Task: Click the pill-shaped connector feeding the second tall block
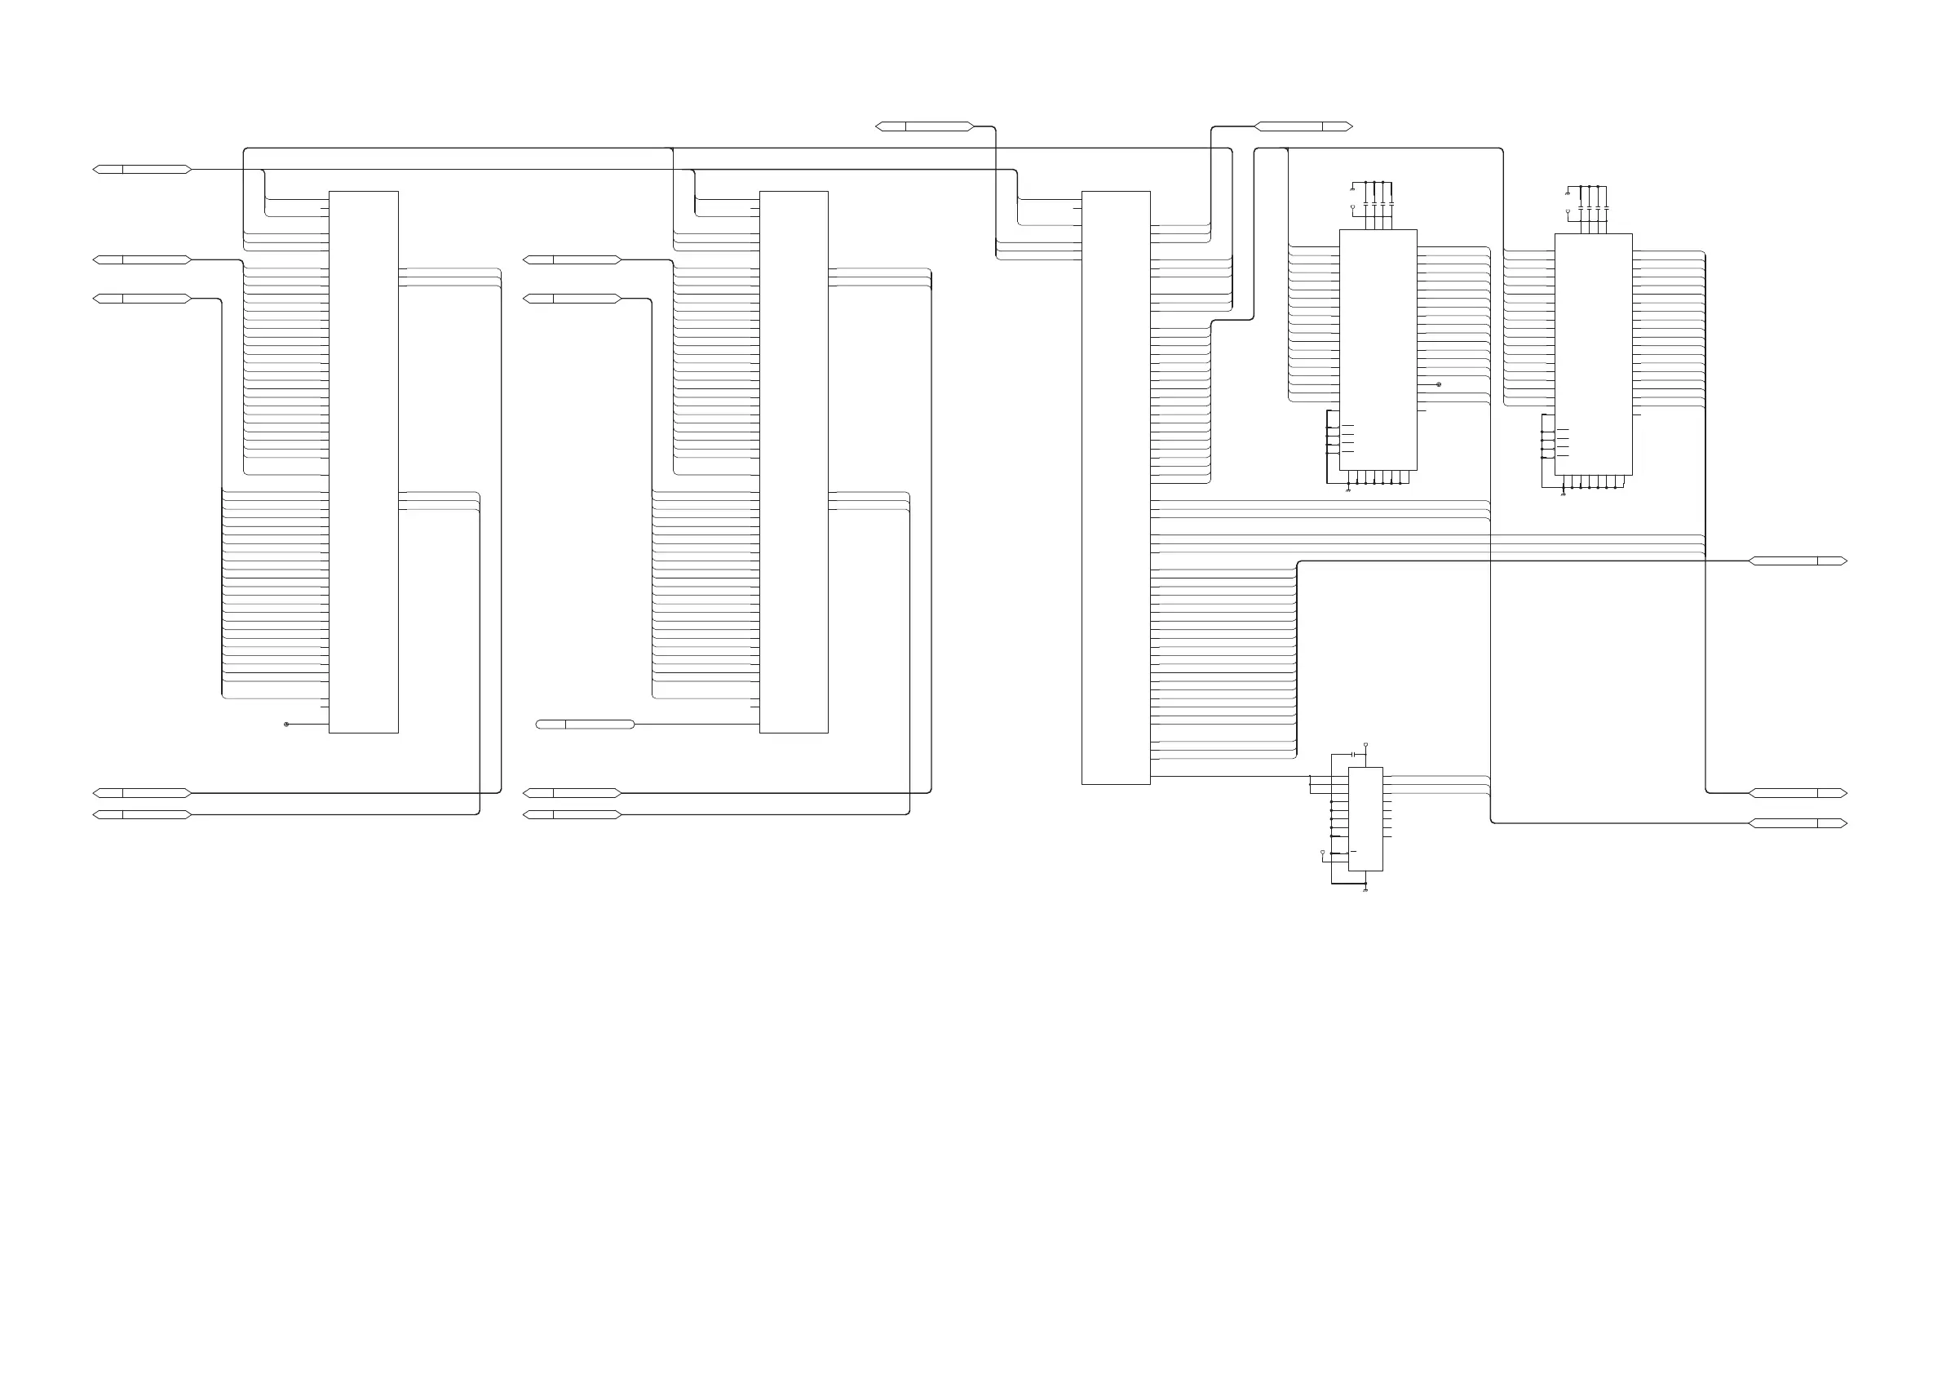[x=586, y=725]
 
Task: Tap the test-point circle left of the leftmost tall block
[x=286, y=725]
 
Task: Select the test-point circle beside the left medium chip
[x=1439, y=384]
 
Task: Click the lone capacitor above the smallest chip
[x=1354, y=754]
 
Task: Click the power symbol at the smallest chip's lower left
[x=1323, y=853]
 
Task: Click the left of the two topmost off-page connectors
[x=924, y=127]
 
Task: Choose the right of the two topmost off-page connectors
[x=1303, y=127]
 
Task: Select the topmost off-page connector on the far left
[x=142, y=169]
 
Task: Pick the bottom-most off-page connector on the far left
[x=142, y=815]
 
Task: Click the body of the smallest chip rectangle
[x=1365, y=818]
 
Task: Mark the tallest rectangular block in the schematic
[x=1116, y=487]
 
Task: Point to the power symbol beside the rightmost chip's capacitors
[x=1568, y=211]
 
